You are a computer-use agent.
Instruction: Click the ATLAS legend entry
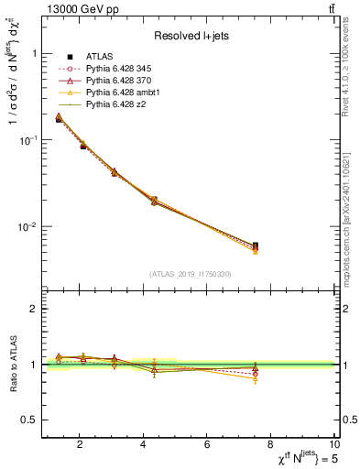[101, 57]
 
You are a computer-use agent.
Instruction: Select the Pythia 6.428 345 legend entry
[115, 69]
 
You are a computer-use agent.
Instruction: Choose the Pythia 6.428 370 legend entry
[115, 81]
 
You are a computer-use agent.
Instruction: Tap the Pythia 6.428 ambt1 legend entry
[119, 93]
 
